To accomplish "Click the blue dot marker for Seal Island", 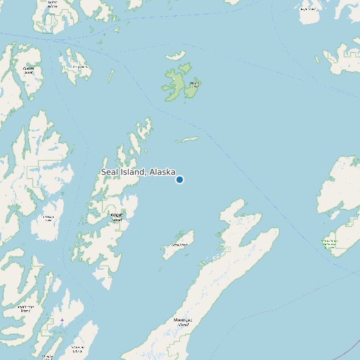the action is point(179,179).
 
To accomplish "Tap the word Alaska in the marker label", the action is point(162,172).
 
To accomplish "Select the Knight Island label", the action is point(116,217).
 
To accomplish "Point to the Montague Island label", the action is point(183,322).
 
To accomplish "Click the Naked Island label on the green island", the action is point(195,84).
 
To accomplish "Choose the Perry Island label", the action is point(80,67).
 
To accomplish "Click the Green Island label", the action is point(179,244).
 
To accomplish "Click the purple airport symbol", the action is point(62,321).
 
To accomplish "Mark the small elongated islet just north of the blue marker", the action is point(189,139).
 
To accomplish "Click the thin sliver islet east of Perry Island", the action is point(110,76).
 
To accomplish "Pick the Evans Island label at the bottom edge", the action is point(48,357).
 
